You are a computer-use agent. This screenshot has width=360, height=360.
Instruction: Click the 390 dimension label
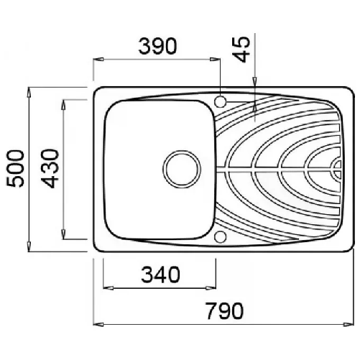coord(158,46)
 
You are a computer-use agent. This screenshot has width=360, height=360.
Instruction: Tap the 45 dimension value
coord(241,50)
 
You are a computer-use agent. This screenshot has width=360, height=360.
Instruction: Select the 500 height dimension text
coord(16,168)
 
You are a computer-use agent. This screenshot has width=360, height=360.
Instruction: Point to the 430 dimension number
coord(50,168)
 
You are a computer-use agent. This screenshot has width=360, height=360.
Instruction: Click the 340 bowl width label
coord(160,274)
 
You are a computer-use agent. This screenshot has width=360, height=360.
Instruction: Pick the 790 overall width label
coord(225,311)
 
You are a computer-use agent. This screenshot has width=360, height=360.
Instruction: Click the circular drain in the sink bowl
coord(182,169)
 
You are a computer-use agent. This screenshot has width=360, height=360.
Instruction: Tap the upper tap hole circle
coord(221,101)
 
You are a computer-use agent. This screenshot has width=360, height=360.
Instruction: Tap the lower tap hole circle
coord(221,237)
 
